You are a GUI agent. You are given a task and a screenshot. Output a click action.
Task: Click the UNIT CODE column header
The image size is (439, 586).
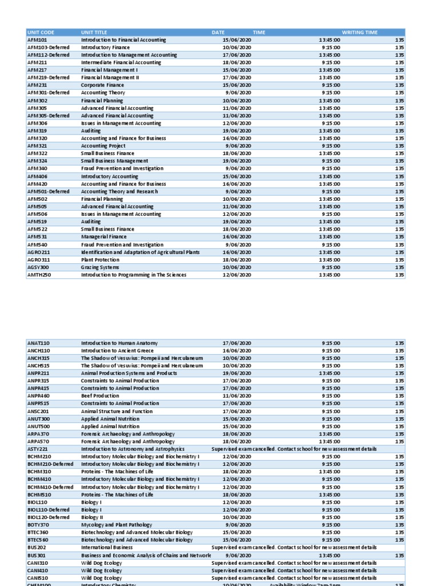(41, 33)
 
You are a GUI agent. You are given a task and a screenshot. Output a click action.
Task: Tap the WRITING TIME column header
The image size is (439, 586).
(360, 33)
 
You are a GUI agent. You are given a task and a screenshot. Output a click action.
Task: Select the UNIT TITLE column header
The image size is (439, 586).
(94, 33)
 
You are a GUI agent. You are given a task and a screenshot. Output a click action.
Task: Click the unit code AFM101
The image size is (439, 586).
(37, 40)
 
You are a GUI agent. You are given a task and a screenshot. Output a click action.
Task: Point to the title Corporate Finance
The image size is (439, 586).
(102, 85)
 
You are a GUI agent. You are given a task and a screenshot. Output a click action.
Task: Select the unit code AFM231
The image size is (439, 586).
(37, 85)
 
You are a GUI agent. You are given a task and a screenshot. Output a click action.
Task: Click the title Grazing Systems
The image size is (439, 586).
(99, 267)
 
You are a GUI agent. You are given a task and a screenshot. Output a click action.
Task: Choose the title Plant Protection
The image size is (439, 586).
(100, 260)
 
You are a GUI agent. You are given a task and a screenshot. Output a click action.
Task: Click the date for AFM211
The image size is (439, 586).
(237, 62)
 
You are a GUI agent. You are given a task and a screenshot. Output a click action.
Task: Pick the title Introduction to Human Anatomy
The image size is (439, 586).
(118, 343)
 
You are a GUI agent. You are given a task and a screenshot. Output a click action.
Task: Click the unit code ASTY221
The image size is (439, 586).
(38, 449)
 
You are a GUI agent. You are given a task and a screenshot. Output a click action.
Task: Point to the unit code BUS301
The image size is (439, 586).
(37, 555)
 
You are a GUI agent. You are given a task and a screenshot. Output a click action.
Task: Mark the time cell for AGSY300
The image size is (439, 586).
(331, 267)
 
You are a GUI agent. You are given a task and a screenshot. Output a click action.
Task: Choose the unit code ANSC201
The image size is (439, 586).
(38, 411)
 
